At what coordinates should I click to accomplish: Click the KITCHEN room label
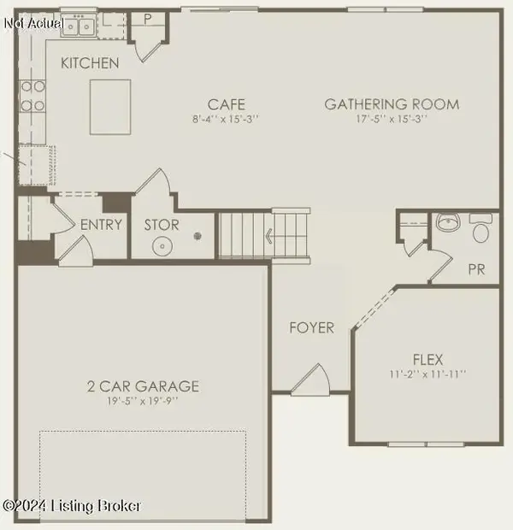[x=90, y=63]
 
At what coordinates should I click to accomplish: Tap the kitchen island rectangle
[x=110, y=107]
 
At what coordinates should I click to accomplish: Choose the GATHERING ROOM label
[x=392, y=104]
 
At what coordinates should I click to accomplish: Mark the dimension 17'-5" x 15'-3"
[x=392, y=119]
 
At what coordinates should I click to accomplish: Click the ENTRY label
[x=102, y=225]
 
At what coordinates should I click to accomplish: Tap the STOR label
[x=162, y=225]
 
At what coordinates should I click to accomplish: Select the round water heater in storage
[x=162, y=247]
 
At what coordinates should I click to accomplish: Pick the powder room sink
[x=447, y=225]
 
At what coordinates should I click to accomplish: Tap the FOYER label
[x=311, y=327]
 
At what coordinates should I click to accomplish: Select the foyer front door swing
[x=310, y=381]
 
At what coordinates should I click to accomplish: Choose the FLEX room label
[x=427, y=359]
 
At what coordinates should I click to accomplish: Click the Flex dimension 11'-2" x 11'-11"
[x=427, y=374]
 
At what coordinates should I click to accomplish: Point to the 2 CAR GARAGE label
[x=143, y=386]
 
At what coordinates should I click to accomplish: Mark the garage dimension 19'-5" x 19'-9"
[x=143, y=402]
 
